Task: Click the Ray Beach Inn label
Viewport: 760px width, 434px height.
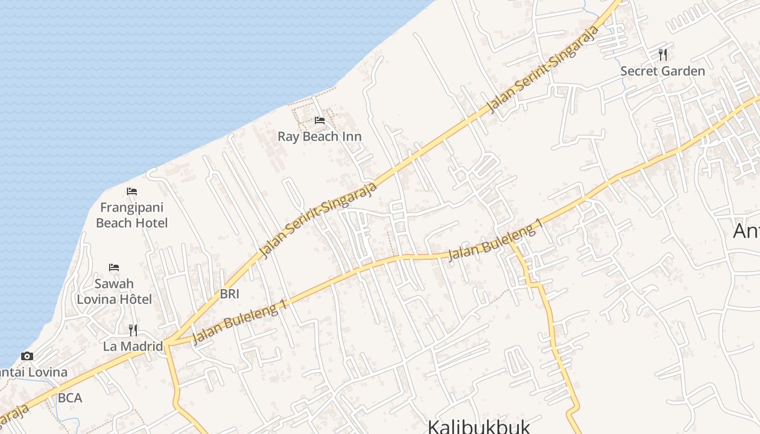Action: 319,136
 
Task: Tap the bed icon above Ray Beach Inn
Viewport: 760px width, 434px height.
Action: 320,120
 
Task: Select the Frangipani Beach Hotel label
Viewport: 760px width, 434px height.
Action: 131,215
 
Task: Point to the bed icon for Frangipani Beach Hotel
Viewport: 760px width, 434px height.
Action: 132,192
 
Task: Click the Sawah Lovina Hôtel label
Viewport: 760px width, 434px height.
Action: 114,291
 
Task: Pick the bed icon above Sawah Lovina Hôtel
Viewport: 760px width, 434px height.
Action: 114,267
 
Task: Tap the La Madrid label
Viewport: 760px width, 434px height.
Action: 133,346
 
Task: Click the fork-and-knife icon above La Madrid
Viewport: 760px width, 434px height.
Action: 133,330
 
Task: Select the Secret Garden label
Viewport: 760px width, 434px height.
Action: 662,71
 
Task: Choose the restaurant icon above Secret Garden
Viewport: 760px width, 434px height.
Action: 662,54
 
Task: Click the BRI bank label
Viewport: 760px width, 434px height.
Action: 230,294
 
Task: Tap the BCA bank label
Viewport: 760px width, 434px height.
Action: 70,398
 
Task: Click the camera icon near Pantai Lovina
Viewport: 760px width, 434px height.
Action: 27,356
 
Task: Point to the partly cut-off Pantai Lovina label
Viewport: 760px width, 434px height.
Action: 33,373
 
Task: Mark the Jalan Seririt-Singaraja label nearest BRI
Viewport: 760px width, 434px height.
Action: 318,220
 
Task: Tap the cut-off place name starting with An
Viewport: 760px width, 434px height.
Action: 746,231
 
